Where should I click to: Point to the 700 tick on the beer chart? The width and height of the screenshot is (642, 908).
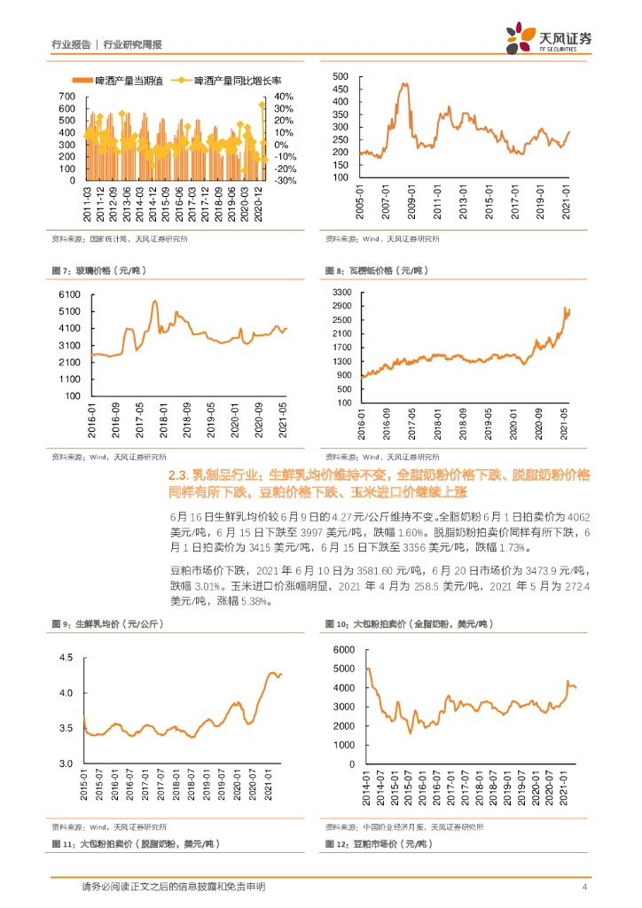tap(67, 97)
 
